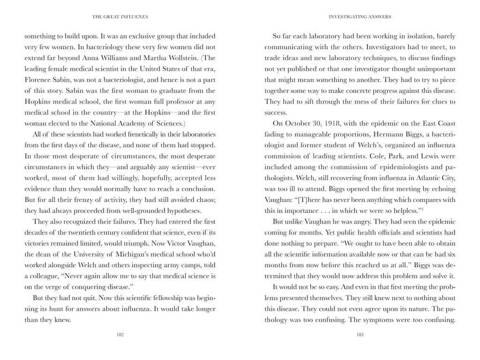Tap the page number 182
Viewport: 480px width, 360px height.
(120, 335)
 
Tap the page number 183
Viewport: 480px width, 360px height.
(360, 335)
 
